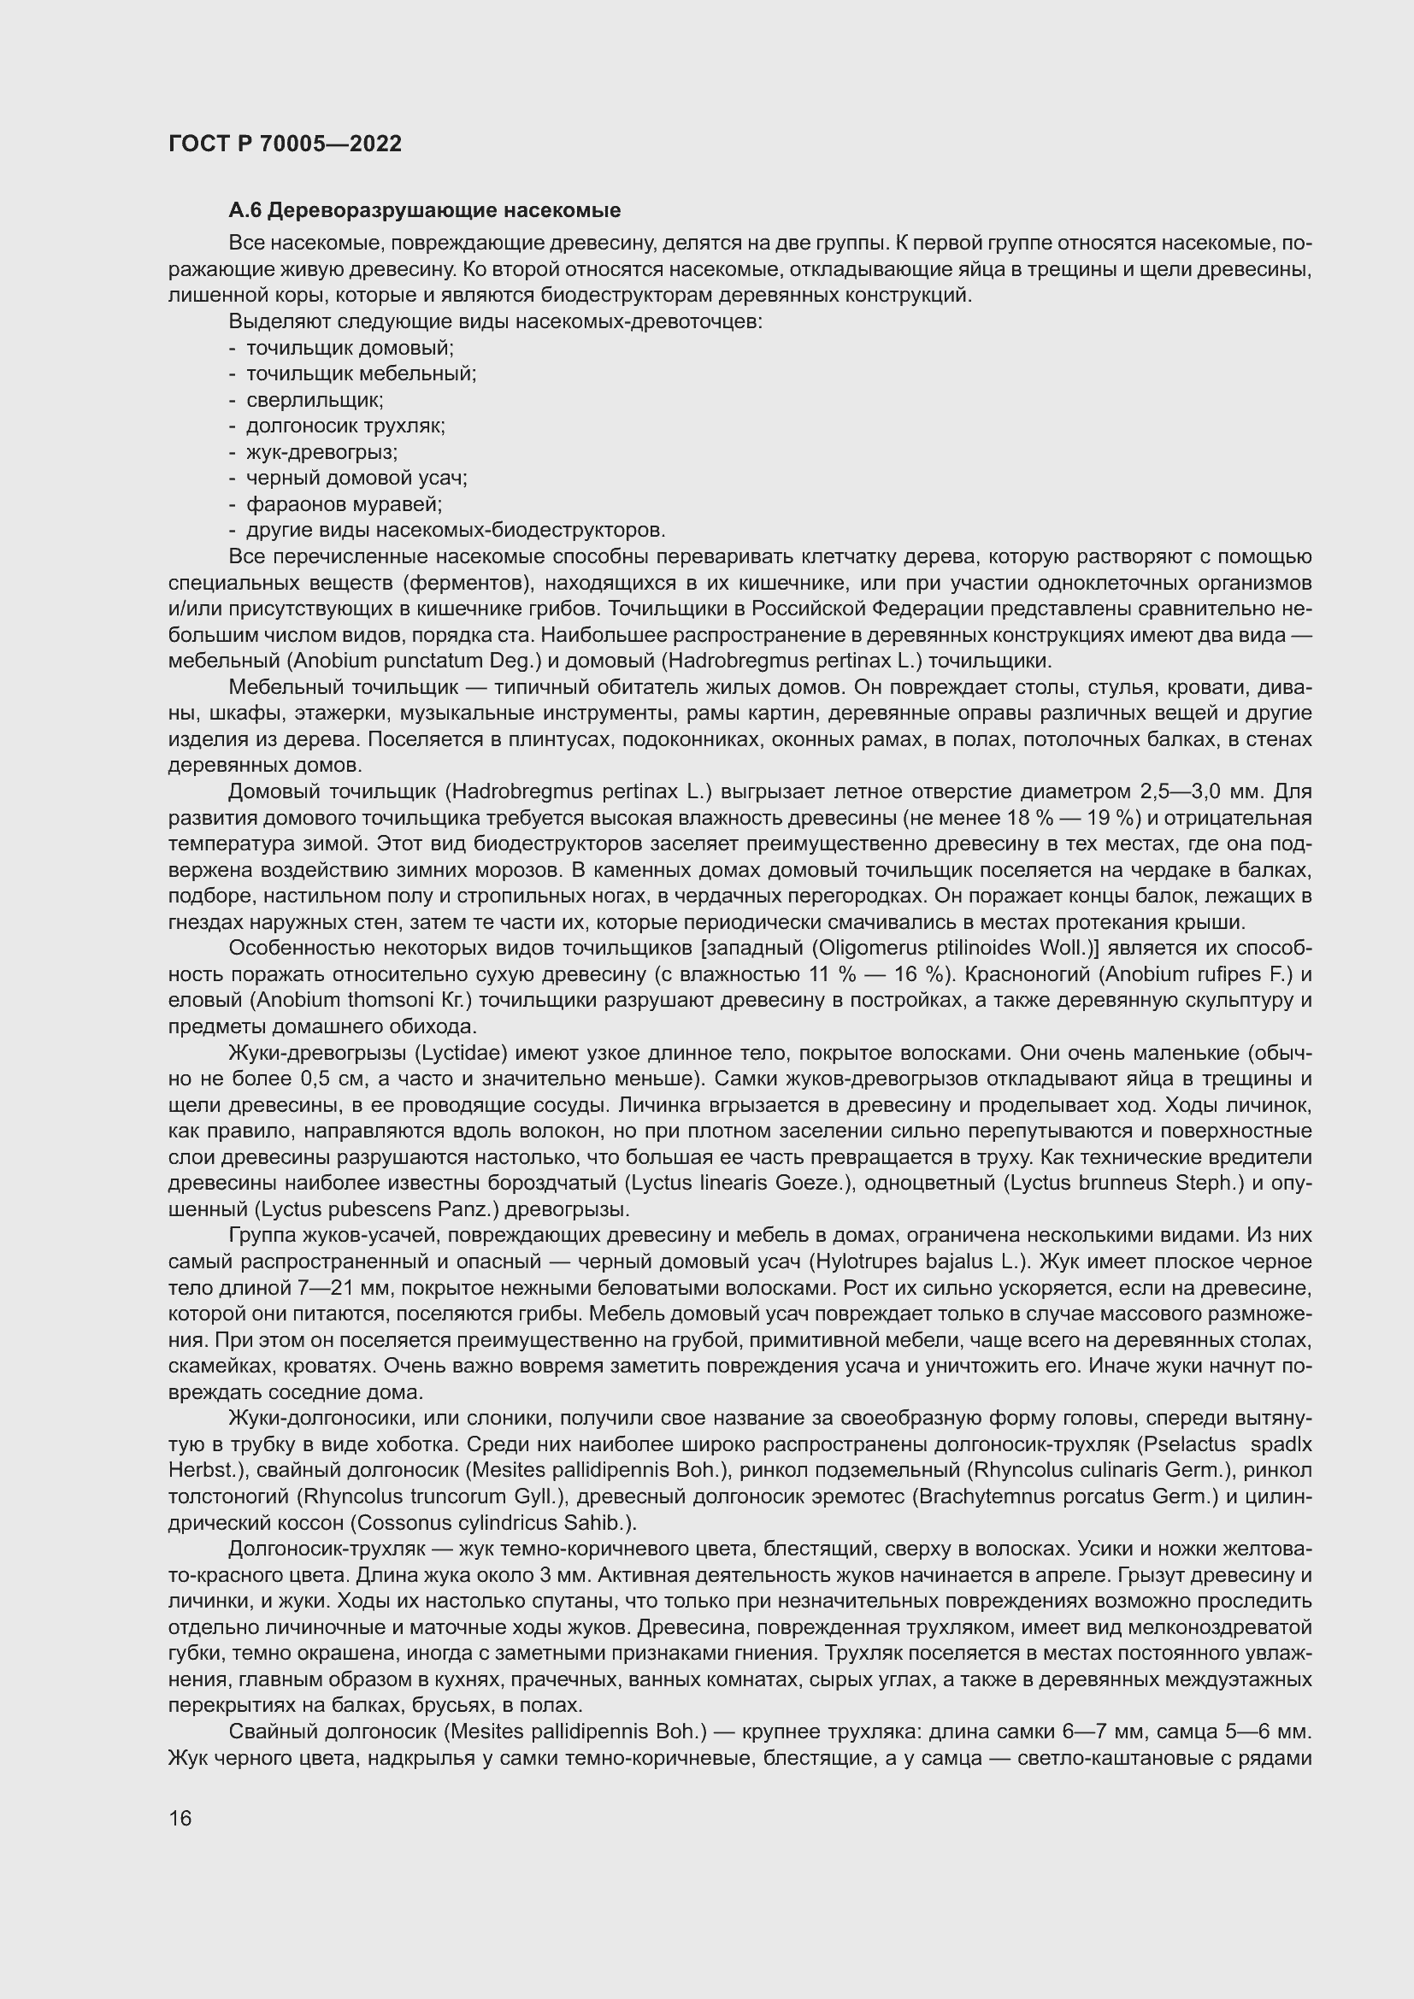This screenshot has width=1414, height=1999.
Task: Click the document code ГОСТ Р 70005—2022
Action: pos(285,144)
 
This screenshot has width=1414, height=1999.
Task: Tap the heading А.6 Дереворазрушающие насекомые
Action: pos(424,210)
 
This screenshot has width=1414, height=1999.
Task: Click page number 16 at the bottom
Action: pos(180,1818)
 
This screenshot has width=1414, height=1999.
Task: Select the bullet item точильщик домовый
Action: pos(349,347)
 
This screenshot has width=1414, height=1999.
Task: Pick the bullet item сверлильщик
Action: pos(315,400)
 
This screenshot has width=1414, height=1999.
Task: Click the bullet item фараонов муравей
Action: pos(344,504)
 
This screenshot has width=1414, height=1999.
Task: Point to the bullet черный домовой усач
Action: pos(356,478)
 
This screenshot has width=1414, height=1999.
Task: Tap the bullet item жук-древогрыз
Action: pos(321,452)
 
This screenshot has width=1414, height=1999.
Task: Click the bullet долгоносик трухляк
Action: pos(345,426)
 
